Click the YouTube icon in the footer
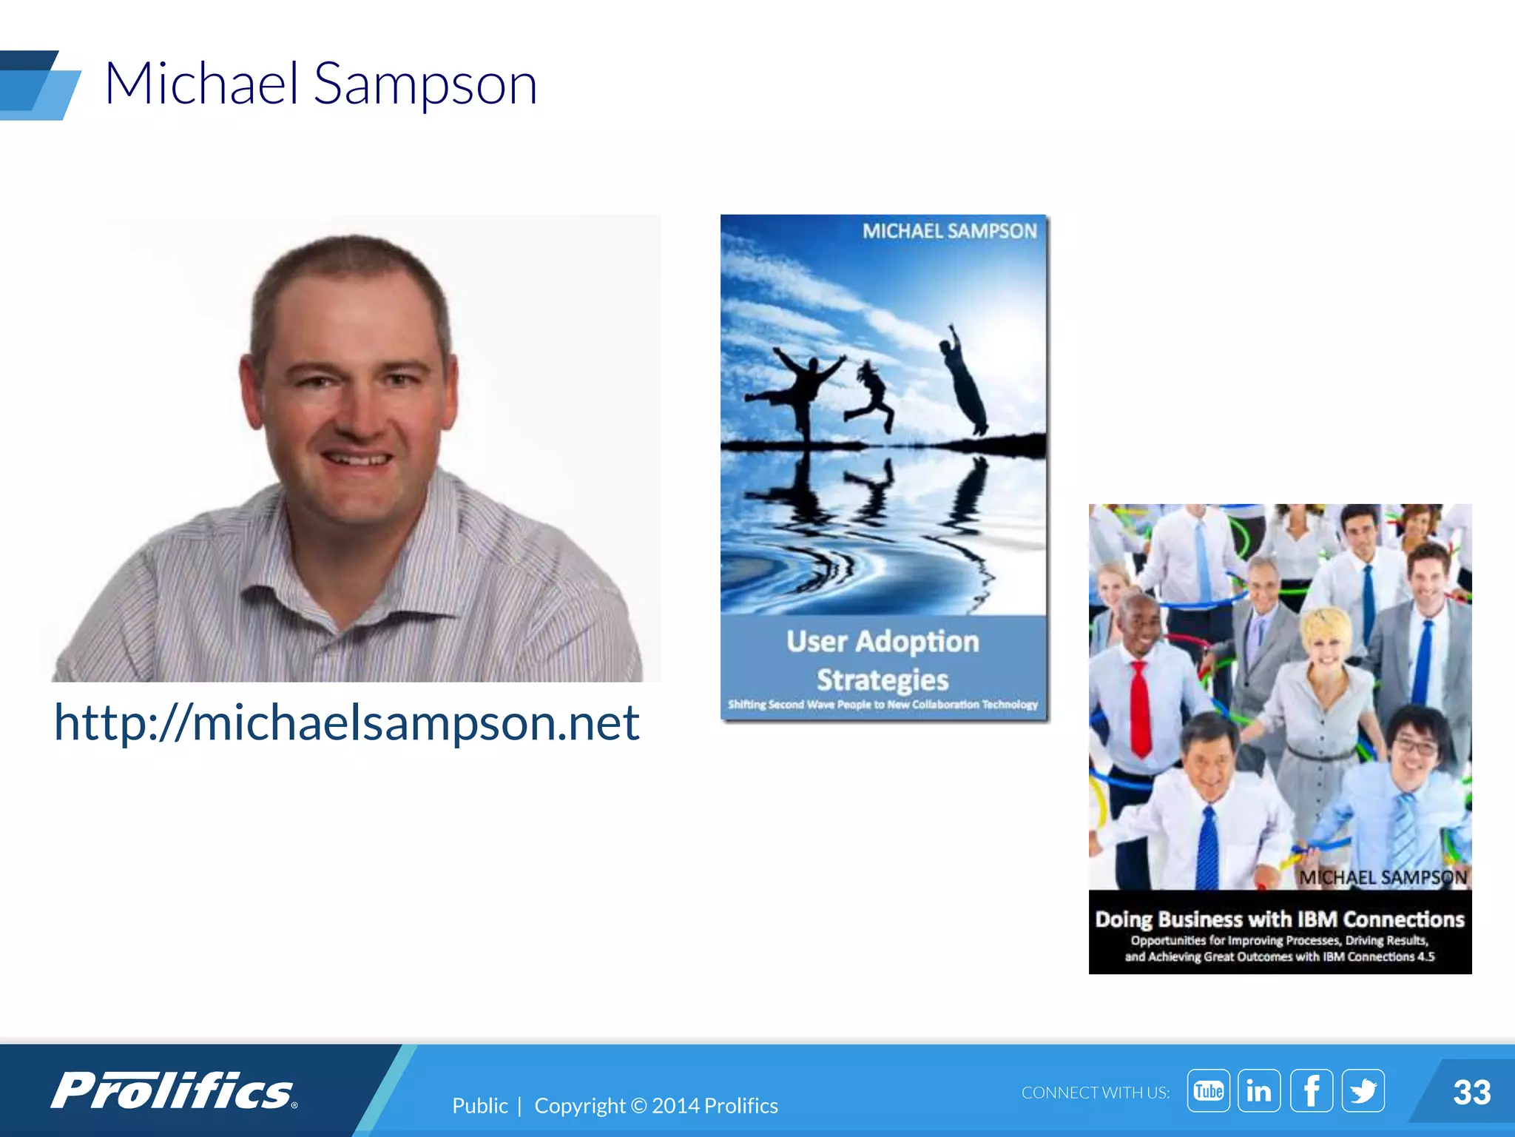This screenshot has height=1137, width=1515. click(1209, 1090)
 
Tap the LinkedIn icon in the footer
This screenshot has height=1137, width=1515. click(1259, 1090)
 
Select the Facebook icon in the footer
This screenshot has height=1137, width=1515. click(1312, 1090)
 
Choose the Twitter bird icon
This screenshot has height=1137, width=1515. click(1363, 1090)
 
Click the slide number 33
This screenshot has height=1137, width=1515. click(1471, 1093)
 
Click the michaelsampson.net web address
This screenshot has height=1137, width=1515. click(346, 722)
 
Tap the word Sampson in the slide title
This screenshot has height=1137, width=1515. click(425, 84)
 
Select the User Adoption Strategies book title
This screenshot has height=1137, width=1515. click(883, 660)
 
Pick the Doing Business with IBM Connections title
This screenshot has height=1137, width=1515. click(1280, 919)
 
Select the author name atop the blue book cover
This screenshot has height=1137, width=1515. click(949, 232)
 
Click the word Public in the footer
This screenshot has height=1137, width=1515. click(480, 1106)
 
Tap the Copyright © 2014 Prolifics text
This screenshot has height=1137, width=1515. click(656, 1106)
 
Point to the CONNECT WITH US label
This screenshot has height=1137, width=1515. click(1096, 1093)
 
